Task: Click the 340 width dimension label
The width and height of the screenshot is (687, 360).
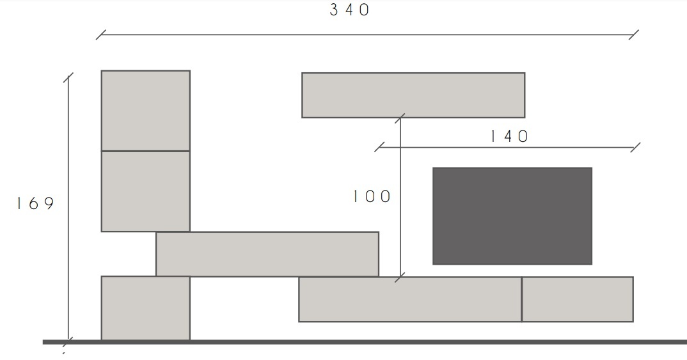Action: click(x=350, y=10)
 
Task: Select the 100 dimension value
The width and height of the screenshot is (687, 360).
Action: click(x=372, y=196)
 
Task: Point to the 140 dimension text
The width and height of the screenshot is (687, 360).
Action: click(x=509, y=136)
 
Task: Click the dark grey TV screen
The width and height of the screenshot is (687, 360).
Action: click(x=512, y=215)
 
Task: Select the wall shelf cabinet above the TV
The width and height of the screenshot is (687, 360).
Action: click(x=413, y=95)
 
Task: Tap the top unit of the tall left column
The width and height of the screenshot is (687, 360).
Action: click(x=146, y=111)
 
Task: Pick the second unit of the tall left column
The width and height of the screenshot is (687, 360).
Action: click(x=146, y=191)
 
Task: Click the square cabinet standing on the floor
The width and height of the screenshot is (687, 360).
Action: click(x=146, y=308)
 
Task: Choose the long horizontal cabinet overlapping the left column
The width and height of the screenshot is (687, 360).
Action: click(x=267, y=254)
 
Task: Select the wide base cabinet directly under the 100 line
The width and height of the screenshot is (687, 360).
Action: click(x=410, y=299)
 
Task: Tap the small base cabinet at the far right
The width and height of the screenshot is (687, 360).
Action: click(x=578, y=299)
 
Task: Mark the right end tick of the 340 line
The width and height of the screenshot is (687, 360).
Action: click(x=634, y=34)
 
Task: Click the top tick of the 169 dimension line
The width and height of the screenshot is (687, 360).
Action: click(x=68, y=78)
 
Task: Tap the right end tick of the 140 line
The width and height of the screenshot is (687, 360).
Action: click(x=635, y=148)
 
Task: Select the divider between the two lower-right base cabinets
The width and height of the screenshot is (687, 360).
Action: click(x=522, y=299)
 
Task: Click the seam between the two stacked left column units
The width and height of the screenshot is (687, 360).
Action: click(x=146, y=151)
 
